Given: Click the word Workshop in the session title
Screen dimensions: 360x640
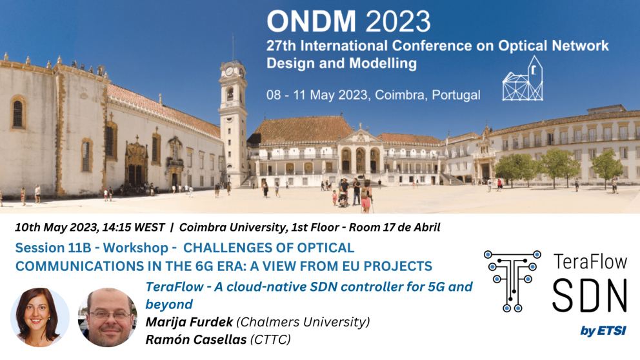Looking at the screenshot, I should click(139, 247).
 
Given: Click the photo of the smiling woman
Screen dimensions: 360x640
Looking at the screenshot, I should click(40, 317).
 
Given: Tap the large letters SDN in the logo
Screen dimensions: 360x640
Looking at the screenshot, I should click(588, 298).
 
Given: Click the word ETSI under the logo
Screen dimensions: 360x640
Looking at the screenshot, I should click(612, 331).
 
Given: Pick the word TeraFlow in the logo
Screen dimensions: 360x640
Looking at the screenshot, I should click(589, 262).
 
